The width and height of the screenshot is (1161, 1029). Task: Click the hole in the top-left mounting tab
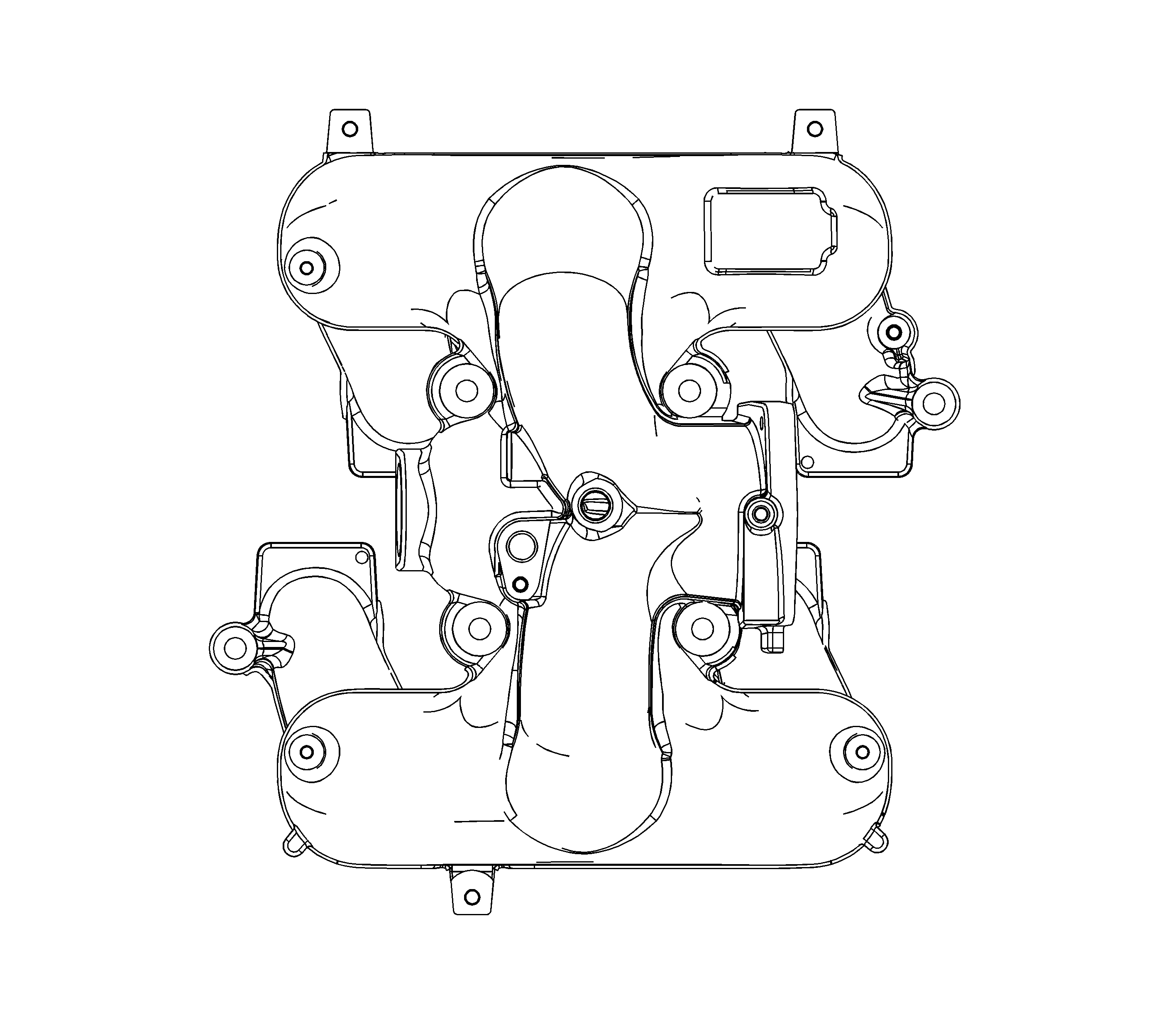point(350,129)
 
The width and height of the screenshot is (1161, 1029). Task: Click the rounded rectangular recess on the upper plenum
point(770,231)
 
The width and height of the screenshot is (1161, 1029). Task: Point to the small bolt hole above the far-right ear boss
point(893,332)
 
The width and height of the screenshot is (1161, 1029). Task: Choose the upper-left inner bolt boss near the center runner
point(467,390)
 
